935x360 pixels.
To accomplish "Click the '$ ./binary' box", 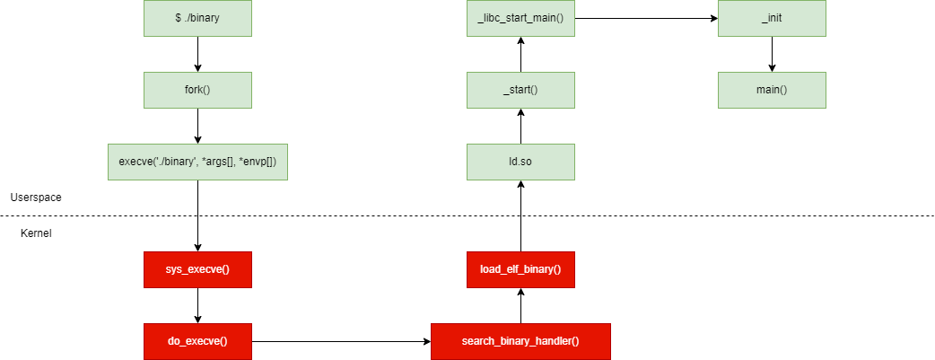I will (x=197, y=18).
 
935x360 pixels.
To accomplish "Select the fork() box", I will (x=197, y=90).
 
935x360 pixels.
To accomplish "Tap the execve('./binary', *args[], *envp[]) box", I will (x=197, y=162).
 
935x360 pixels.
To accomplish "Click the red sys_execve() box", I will (x=197, y=269).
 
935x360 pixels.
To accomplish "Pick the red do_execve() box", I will (x=197, y=341).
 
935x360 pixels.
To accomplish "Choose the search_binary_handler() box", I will (x=520, y=341).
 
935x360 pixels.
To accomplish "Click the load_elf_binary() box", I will (x=520, y=269).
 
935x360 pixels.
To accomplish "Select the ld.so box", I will (x=520, y=162).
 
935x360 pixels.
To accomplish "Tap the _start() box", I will (x=520, y=90).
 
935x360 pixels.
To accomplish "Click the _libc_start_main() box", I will (x=520, y=18).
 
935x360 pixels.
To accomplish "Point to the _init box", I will (x=772, y=18).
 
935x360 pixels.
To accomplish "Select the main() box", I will (x=772, y=90).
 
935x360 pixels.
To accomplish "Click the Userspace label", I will (x=36, y=197).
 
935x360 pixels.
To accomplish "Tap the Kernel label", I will (x=36, y=233).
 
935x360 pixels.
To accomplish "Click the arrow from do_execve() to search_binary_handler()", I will (x=341, y=341).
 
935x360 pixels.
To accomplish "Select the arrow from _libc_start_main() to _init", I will (x=646, y=18).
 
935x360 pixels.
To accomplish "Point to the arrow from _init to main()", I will (x=772, y=54).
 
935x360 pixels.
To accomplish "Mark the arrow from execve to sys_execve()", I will (x=197, y=215).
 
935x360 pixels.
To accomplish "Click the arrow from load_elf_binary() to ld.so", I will (x=520, y=215).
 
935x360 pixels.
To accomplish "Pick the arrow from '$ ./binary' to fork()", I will (x=197, y=54).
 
